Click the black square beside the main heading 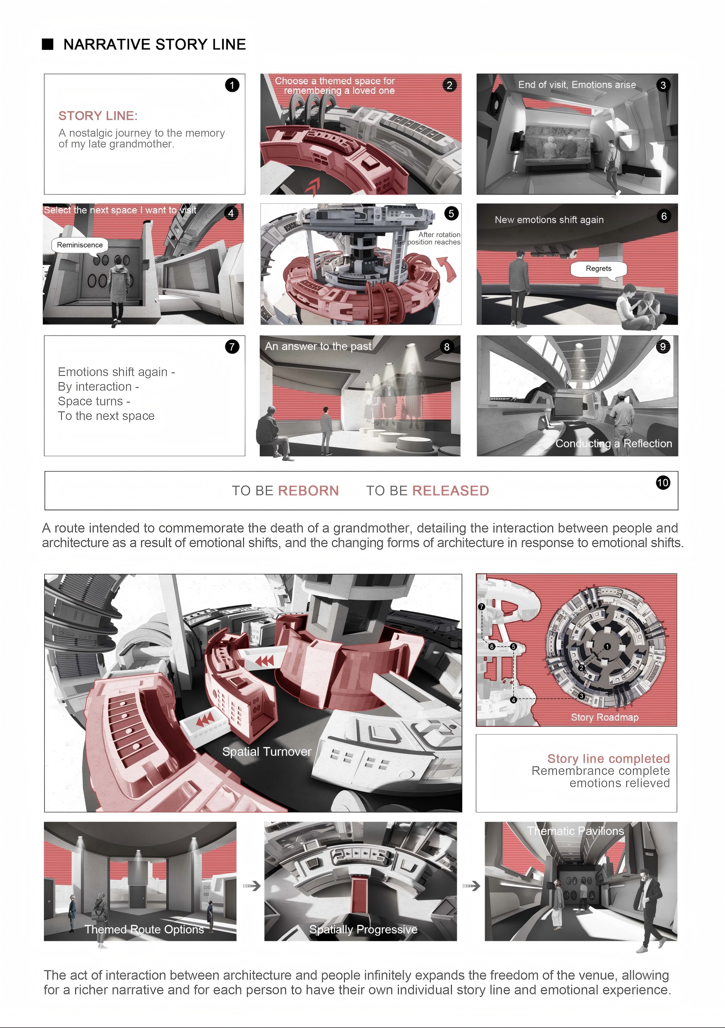(48, 44)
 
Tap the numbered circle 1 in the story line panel (232, 85)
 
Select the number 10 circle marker (663, 482)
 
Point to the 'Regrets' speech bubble (599, 269)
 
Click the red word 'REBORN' (308, 491)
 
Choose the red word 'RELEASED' (451, 491)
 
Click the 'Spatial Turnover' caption (267, 752)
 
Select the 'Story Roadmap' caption (604, 717)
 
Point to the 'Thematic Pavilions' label (576, 831)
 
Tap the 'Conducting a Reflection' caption (614, 444)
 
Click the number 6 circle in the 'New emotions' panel (664, 216)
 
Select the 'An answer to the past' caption (318, 346)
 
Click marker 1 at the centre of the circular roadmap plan (607, 647)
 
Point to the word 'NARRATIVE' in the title (107, 44)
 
